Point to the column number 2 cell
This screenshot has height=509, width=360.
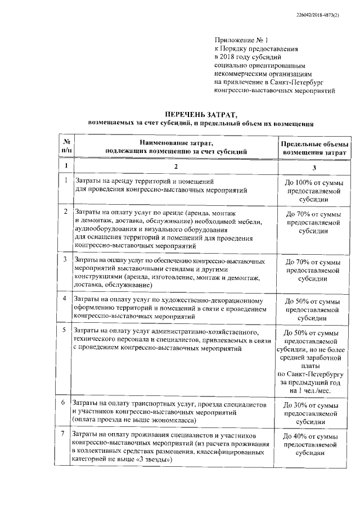(x=176, y=166)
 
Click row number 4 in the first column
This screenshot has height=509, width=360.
(x=66, y=298)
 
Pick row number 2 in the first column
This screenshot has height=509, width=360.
(x=66, y=211)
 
